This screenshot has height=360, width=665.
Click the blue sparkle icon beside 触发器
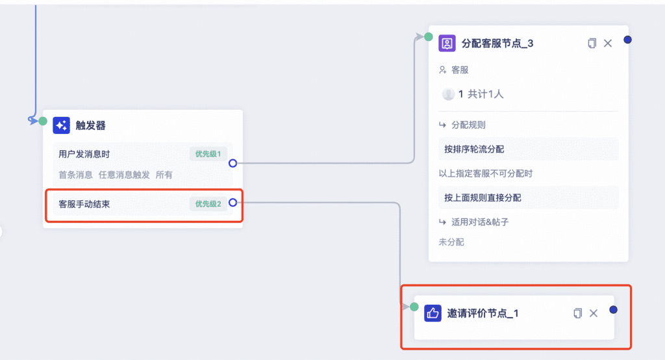62,125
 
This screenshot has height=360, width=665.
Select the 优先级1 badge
208,154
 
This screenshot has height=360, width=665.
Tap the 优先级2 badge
208,204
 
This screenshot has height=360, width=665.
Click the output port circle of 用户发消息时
233,163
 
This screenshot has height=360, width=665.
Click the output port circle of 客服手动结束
233,203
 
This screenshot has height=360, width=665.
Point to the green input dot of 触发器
43,121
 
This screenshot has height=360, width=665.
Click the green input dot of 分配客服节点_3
429,37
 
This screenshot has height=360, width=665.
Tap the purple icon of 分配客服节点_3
447,44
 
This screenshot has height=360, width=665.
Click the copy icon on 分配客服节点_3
592,44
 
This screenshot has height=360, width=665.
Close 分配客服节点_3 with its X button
608,44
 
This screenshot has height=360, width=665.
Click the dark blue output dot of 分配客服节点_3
628,40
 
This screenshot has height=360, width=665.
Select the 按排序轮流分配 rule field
529,149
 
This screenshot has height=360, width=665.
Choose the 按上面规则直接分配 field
529,198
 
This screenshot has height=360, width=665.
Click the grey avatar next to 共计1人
448,94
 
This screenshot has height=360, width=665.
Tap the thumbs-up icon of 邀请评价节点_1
433,313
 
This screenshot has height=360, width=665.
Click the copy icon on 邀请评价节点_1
577,313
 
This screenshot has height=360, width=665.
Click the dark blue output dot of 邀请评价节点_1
613,309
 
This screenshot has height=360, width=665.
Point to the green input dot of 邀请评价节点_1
414,307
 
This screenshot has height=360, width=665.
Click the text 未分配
451,242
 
